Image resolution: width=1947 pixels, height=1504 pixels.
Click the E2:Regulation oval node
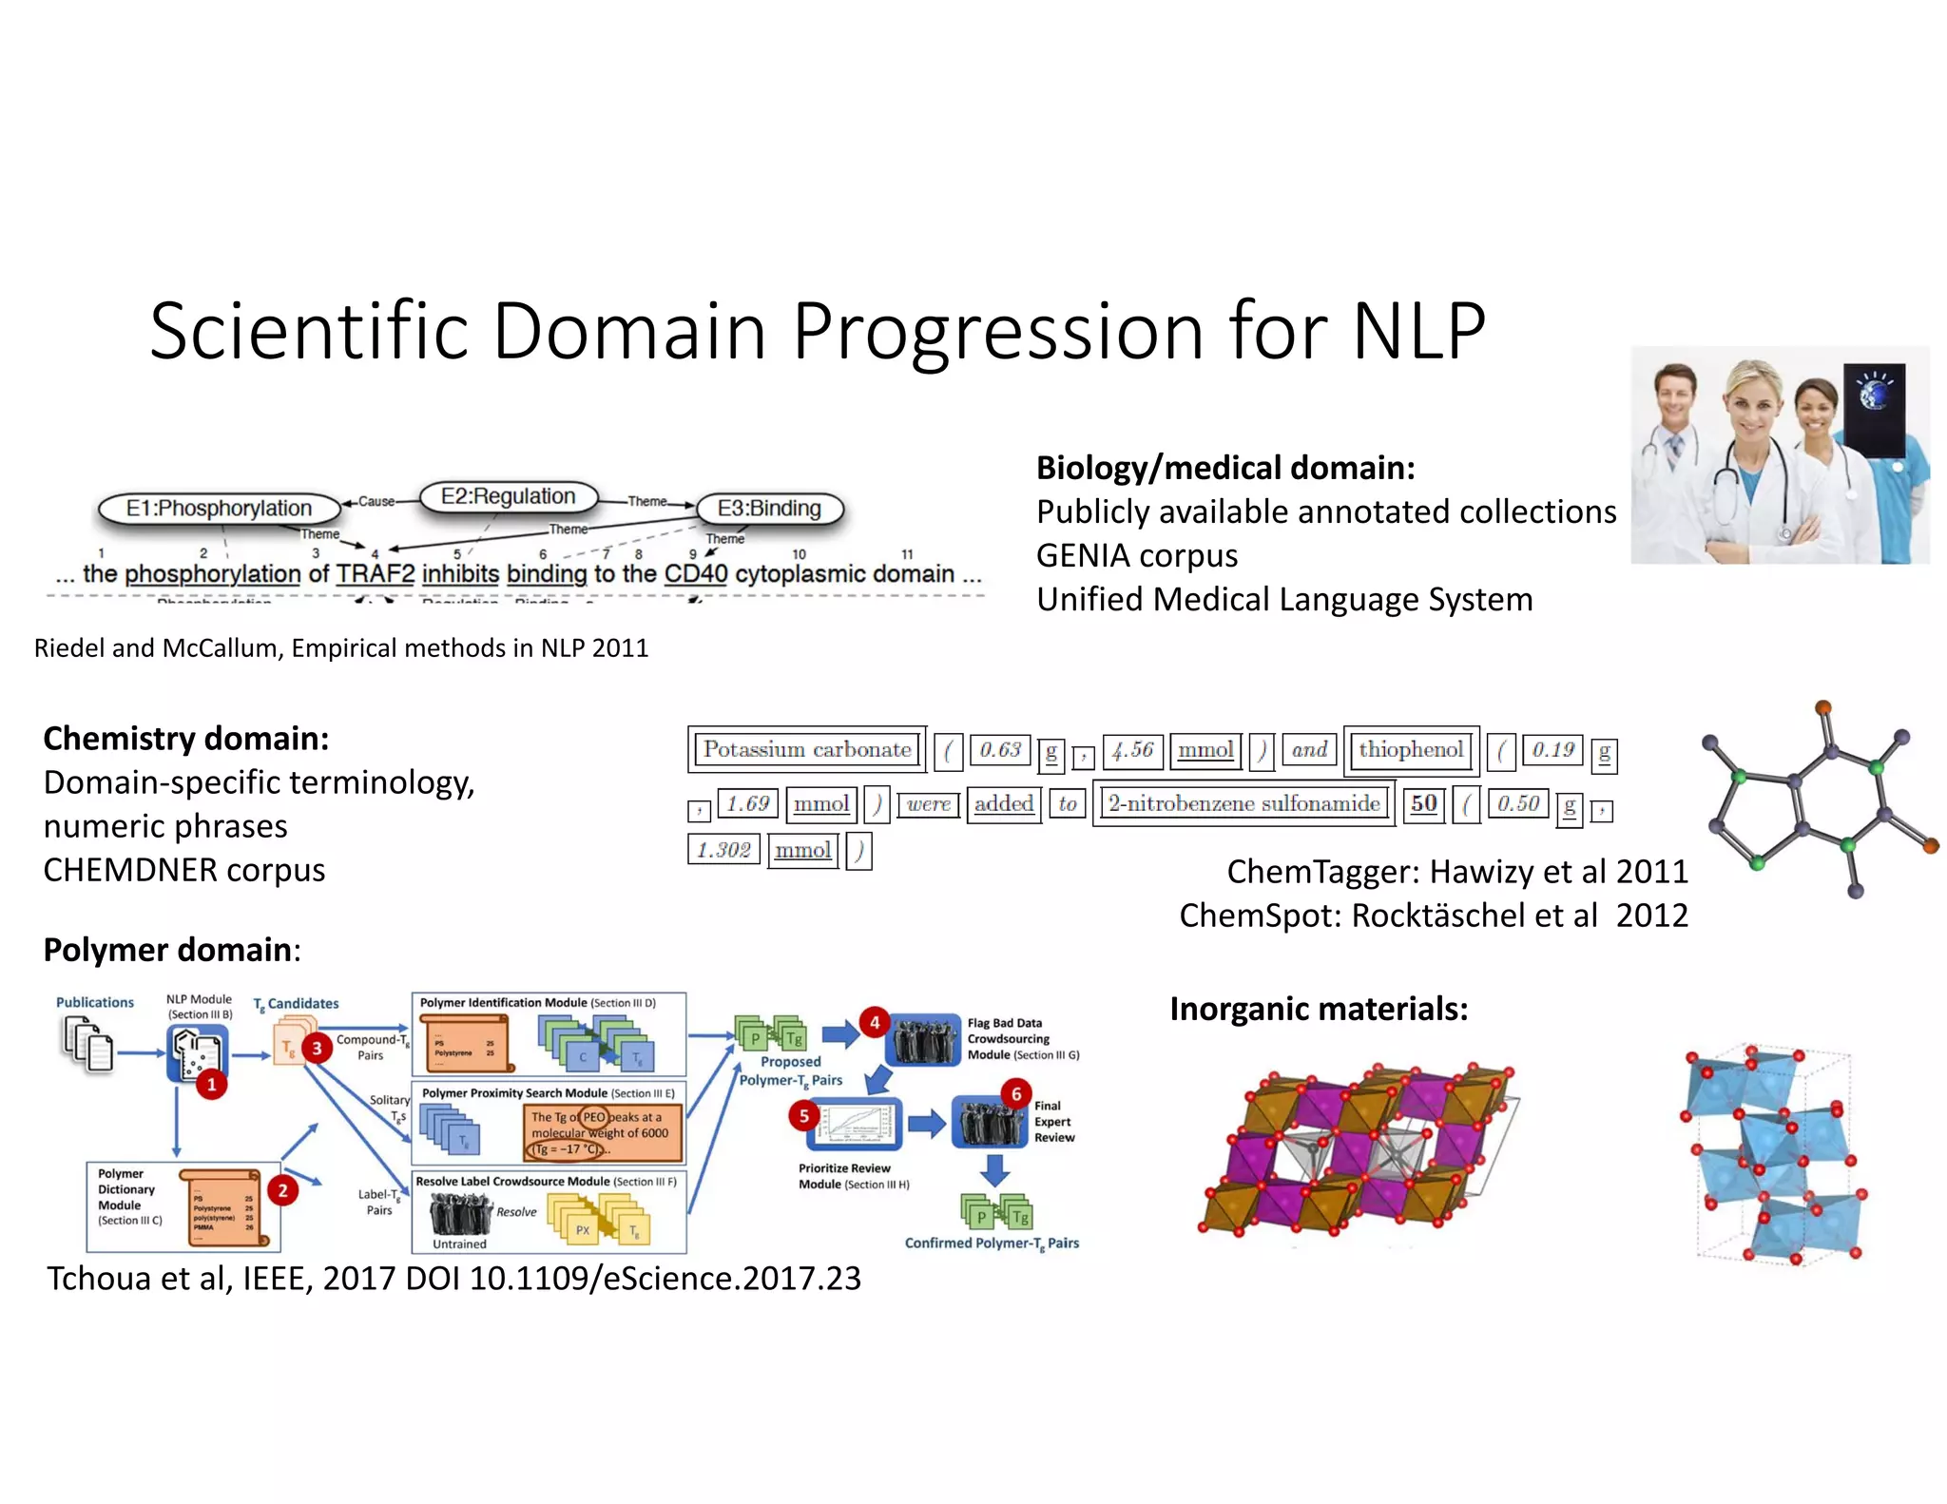(509, 497)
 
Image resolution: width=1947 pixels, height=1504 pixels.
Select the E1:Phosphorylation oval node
(219, 509)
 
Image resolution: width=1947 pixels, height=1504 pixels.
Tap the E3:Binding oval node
(769, 509)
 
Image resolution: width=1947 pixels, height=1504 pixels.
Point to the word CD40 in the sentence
(695, 574)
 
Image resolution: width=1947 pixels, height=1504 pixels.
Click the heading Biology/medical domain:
(1225, 468)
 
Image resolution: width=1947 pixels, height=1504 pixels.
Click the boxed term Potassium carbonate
(807, 749)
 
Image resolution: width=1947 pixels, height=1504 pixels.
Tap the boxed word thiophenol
(1411, 749)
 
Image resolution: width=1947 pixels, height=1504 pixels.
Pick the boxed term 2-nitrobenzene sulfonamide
(1243, 803)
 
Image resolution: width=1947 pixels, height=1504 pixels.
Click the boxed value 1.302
(723, 850)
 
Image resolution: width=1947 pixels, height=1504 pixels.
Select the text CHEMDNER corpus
(184, 870)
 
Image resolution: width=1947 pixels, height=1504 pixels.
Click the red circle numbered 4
(874, 1023)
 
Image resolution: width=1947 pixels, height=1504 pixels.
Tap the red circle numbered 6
(1016, 1093)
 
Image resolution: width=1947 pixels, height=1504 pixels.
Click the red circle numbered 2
(282, 1190)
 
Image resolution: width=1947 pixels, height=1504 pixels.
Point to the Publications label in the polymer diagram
(95, 1003)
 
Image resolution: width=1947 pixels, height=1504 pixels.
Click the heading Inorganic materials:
(1319, 1009)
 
